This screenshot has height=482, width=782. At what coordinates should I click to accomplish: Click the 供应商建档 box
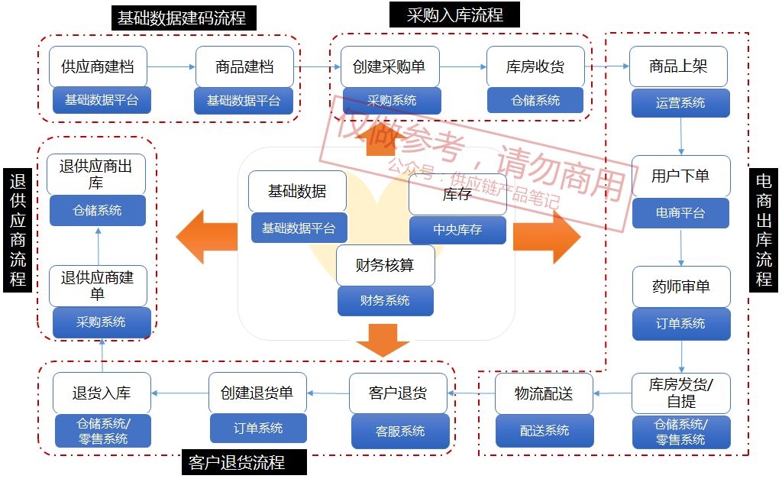click(x=98, y=66)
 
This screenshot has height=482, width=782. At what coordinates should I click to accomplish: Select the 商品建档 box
click(x=244, y=66)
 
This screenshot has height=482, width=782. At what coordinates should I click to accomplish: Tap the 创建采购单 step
click(x=389, y=66)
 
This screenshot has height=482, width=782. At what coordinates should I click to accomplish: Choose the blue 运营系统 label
click(x=680, y=102)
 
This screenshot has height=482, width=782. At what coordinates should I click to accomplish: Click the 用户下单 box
click(x=680, y=176)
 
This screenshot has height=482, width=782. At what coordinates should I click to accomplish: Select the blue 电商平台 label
click(x=680, y=213)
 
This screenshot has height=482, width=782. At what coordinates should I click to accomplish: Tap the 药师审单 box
click(x=680, y=286)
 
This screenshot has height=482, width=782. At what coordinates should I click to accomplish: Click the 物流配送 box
click(x=543, y=393)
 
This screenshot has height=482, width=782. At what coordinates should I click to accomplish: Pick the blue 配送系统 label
click(x=544, y=430)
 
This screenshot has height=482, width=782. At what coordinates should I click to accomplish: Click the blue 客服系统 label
click(x=400, y=431)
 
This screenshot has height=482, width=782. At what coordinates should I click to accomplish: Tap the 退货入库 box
click(x=102, y=393)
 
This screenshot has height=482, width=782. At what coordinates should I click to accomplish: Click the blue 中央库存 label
click(x=457, y=229)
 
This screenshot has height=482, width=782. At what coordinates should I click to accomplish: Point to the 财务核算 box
click(x=385, y=266)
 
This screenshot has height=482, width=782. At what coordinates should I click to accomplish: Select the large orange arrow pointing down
click(x=383, y=340)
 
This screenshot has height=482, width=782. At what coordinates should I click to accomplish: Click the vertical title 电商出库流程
click(x=764, y=229)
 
